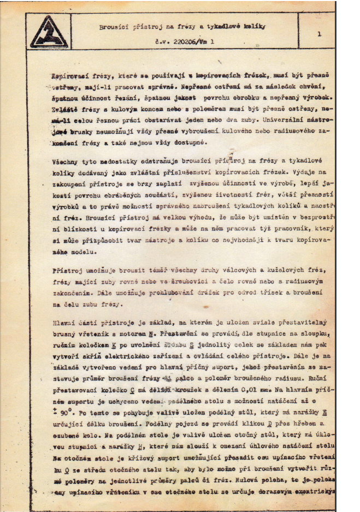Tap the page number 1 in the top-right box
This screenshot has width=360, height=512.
318,34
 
